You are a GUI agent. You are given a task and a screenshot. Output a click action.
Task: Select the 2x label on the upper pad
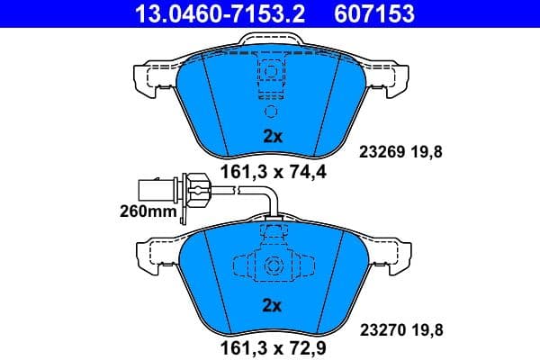[x=272, y=137]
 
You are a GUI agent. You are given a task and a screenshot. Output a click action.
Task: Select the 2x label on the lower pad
[x=272, y=306]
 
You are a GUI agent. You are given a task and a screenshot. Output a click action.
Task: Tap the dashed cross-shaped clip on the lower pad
[x=270, y=265]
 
